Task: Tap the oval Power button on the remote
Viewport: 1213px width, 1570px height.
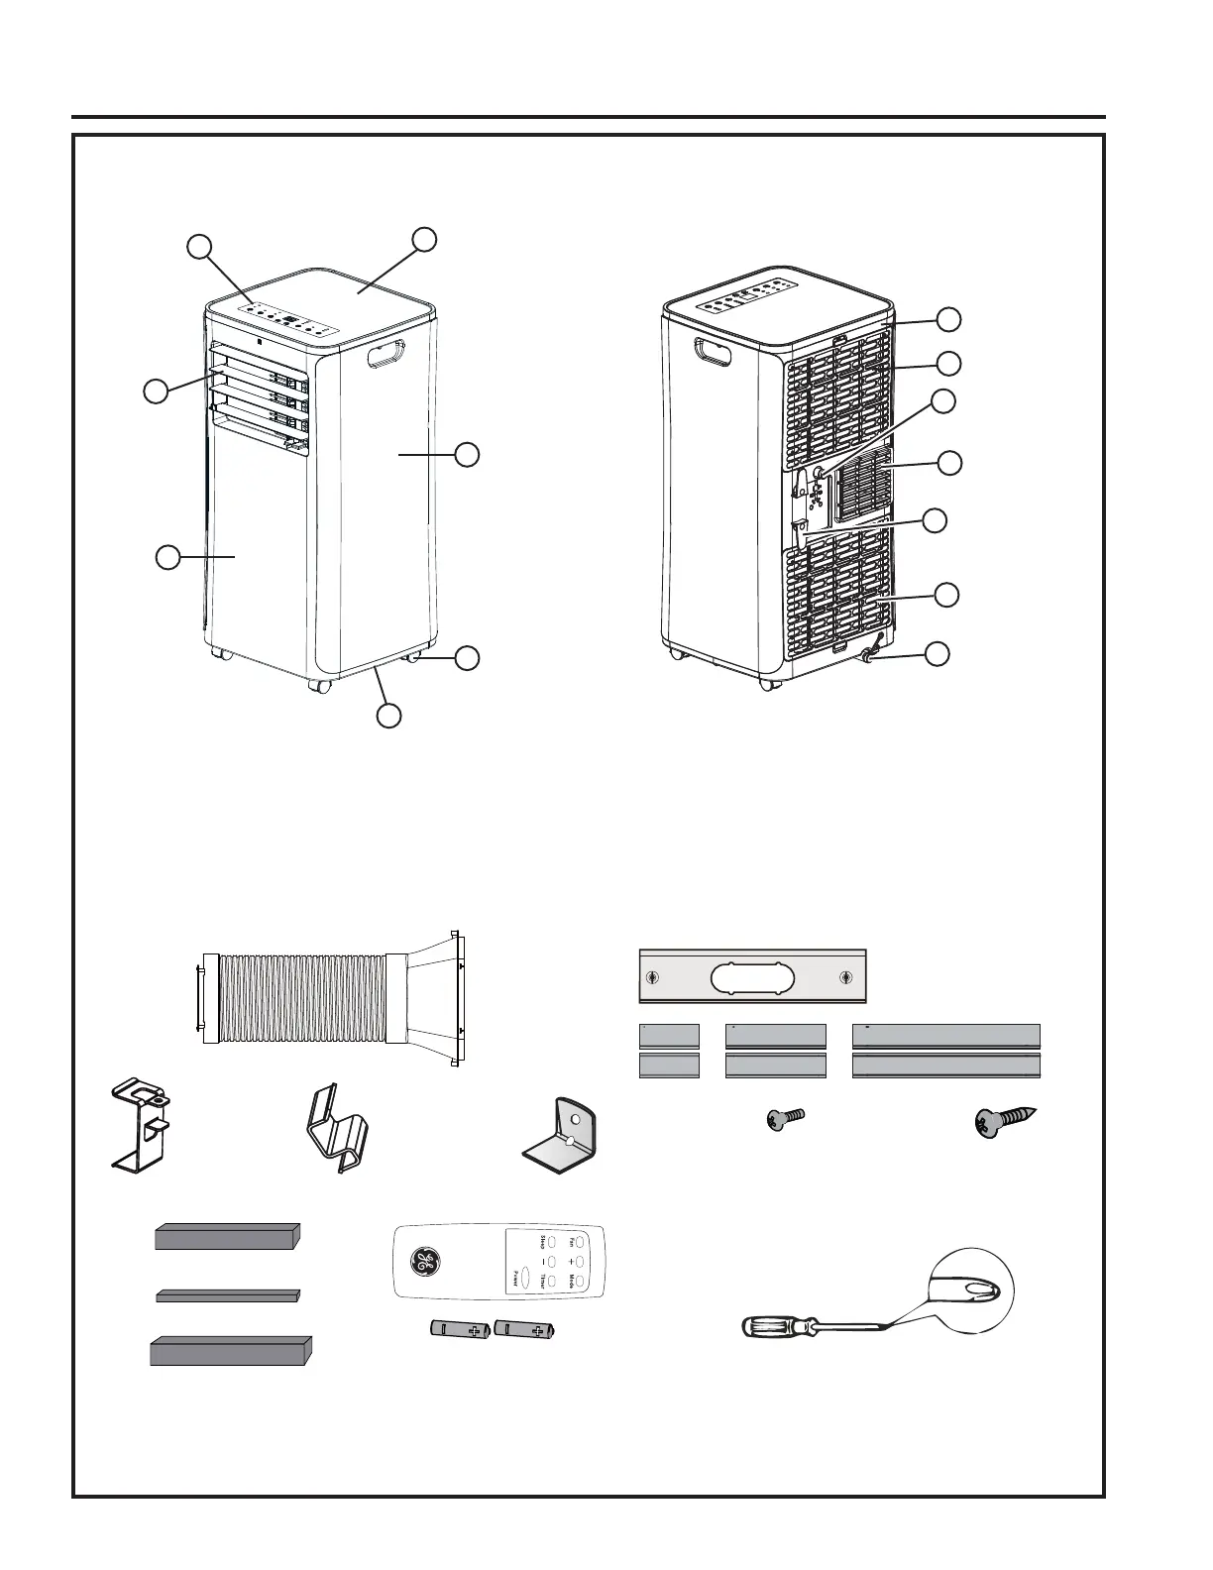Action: click(x=525, y=1277)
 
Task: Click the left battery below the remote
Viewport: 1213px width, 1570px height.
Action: click(x=460, y=1330)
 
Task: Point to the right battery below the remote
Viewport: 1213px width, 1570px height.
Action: click(x=526, y=1330)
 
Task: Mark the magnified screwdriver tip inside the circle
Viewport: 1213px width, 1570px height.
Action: click(x=966, y=1290)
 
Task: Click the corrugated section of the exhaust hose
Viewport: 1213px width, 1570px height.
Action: click(x=301, y=999)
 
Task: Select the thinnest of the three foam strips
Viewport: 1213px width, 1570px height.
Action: click(x=228, y=1294)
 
